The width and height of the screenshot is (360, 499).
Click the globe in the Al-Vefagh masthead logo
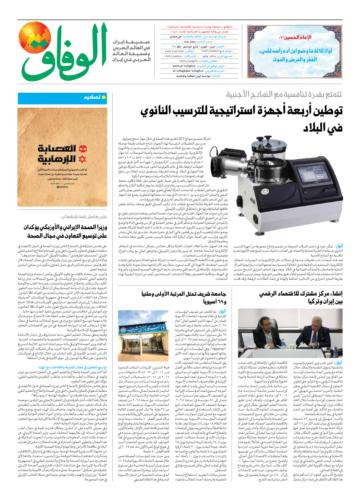(35, 37)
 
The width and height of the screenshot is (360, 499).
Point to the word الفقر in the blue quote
(311, 60)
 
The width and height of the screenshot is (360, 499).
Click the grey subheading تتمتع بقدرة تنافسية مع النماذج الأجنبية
(284, 94)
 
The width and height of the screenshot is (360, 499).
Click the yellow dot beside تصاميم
(104, 97)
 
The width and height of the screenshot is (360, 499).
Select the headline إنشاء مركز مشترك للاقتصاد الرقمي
(301, 294)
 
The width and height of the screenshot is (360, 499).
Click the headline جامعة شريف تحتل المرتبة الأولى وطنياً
(184, 294)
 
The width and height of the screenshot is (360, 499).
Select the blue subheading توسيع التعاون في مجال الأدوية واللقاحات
(73, 367)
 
